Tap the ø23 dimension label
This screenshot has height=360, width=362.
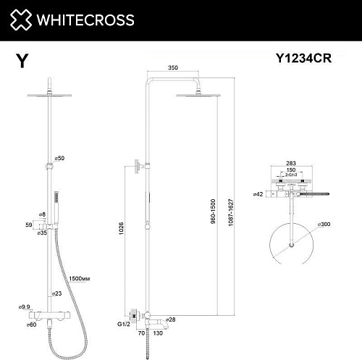(56, 293)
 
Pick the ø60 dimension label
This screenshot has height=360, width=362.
(31, 325)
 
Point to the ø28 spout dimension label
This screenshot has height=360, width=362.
(171, 319)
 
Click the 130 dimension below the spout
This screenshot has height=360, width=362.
(157, 334)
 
